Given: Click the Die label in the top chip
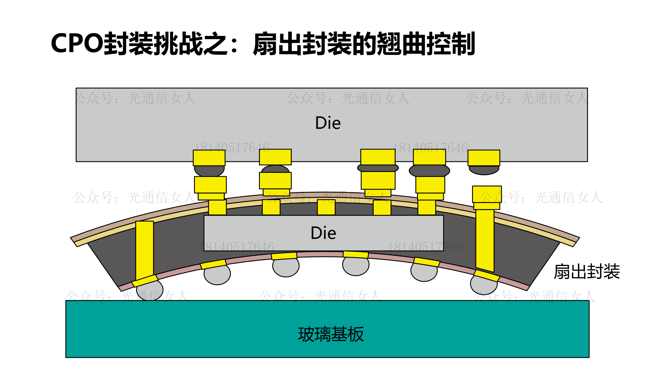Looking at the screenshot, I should [x=328, y=123].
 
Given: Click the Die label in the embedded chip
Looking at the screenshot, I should [x=323, y=233].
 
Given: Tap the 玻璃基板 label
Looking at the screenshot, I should [x=331, y=334].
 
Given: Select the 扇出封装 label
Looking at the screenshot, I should [x=587, y=272].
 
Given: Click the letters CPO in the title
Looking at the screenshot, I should [x=77, y=43].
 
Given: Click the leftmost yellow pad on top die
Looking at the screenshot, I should [x=209, y=158].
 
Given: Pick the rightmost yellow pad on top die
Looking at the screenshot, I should [x=484, y=158].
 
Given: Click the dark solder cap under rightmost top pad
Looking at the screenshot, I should [x=484, y=170].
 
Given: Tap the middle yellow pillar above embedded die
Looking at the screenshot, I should [x=326, y=207].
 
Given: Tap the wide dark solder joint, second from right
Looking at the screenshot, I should [x=429, y=171].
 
